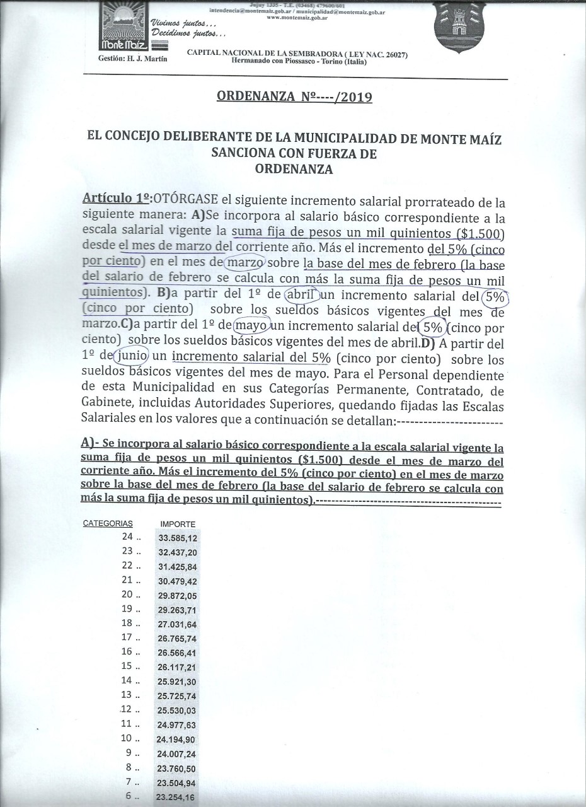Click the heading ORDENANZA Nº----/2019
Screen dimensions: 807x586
294,97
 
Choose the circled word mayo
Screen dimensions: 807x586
253,327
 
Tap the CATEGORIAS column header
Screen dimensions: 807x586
108,523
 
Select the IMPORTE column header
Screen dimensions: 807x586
178,524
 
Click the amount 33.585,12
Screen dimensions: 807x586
178,538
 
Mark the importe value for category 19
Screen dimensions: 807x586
178,610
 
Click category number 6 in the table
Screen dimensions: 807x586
129,796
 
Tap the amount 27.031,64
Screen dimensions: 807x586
178,624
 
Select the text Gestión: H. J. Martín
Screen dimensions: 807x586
133,59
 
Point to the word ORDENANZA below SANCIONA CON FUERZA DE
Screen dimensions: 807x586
294,168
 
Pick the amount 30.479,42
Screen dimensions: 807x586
178,581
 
